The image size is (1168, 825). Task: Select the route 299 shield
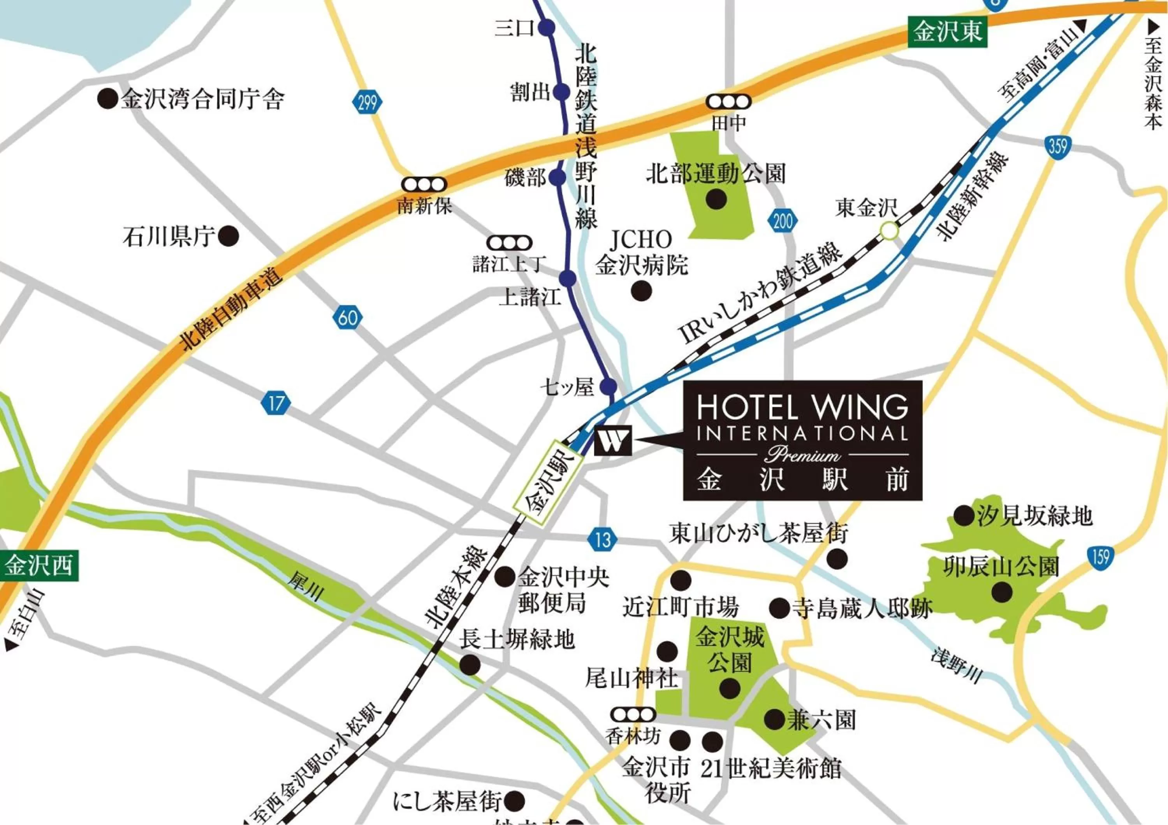366,103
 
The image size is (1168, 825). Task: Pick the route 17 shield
276,404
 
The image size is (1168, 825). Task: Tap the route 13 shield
602,539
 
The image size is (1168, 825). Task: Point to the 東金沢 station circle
890,231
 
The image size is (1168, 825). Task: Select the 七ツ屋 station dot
609,387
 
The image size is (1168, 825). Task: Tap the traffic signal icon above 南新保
424,184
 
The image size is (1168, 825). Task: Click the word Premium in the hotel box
803,454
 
